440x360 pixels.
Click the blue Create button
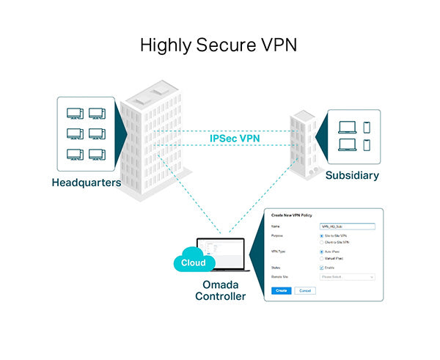tap(281, 291)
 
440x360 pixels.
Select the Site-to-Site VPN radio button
tap(321, 235)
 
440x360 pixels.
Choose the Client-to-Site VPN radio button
tap(321, 241)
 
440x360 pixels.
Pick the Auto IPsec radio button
tap(321, 251)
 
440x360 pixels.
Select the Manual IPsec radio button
tap(321, 257)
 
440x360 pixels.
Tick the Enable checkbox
tap(321, 268)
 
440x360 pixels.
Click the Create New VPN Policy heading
tap(293, 216)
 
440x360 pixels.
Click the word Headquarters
tap(86, 182)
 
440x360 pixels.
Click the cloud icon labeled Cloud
tap(194, 262)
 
